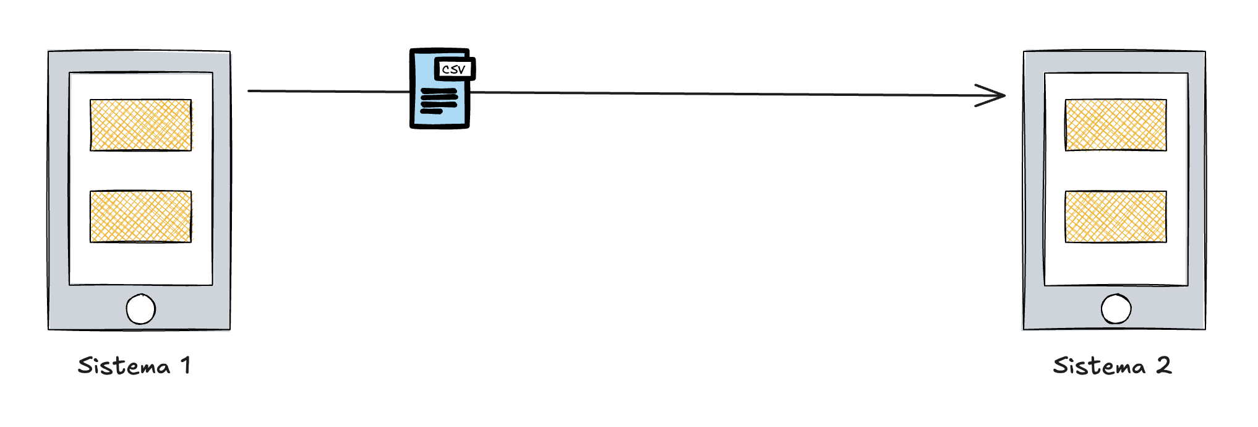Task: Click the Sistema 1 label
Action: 134,366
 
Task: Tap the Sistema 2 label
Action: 1112,366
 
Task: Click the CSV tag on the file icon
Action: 455,69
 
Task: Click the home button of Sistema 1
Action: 140,309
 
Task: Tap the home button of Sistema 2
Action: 1116,309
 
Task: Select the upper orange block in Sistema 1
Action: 140,125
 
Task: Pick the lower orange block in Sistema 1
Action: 140,216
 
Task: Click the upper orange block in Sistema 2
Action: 1116,125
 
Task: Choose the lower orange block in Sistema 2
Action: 1116,216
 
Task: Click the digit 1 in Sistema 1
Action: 186,366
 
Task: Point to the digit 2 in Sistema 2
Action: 1163,366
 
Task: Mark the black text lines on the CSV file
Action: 439,101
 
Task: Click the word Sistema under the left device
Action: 124,366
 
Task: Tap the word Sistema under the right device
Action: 1099,366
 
